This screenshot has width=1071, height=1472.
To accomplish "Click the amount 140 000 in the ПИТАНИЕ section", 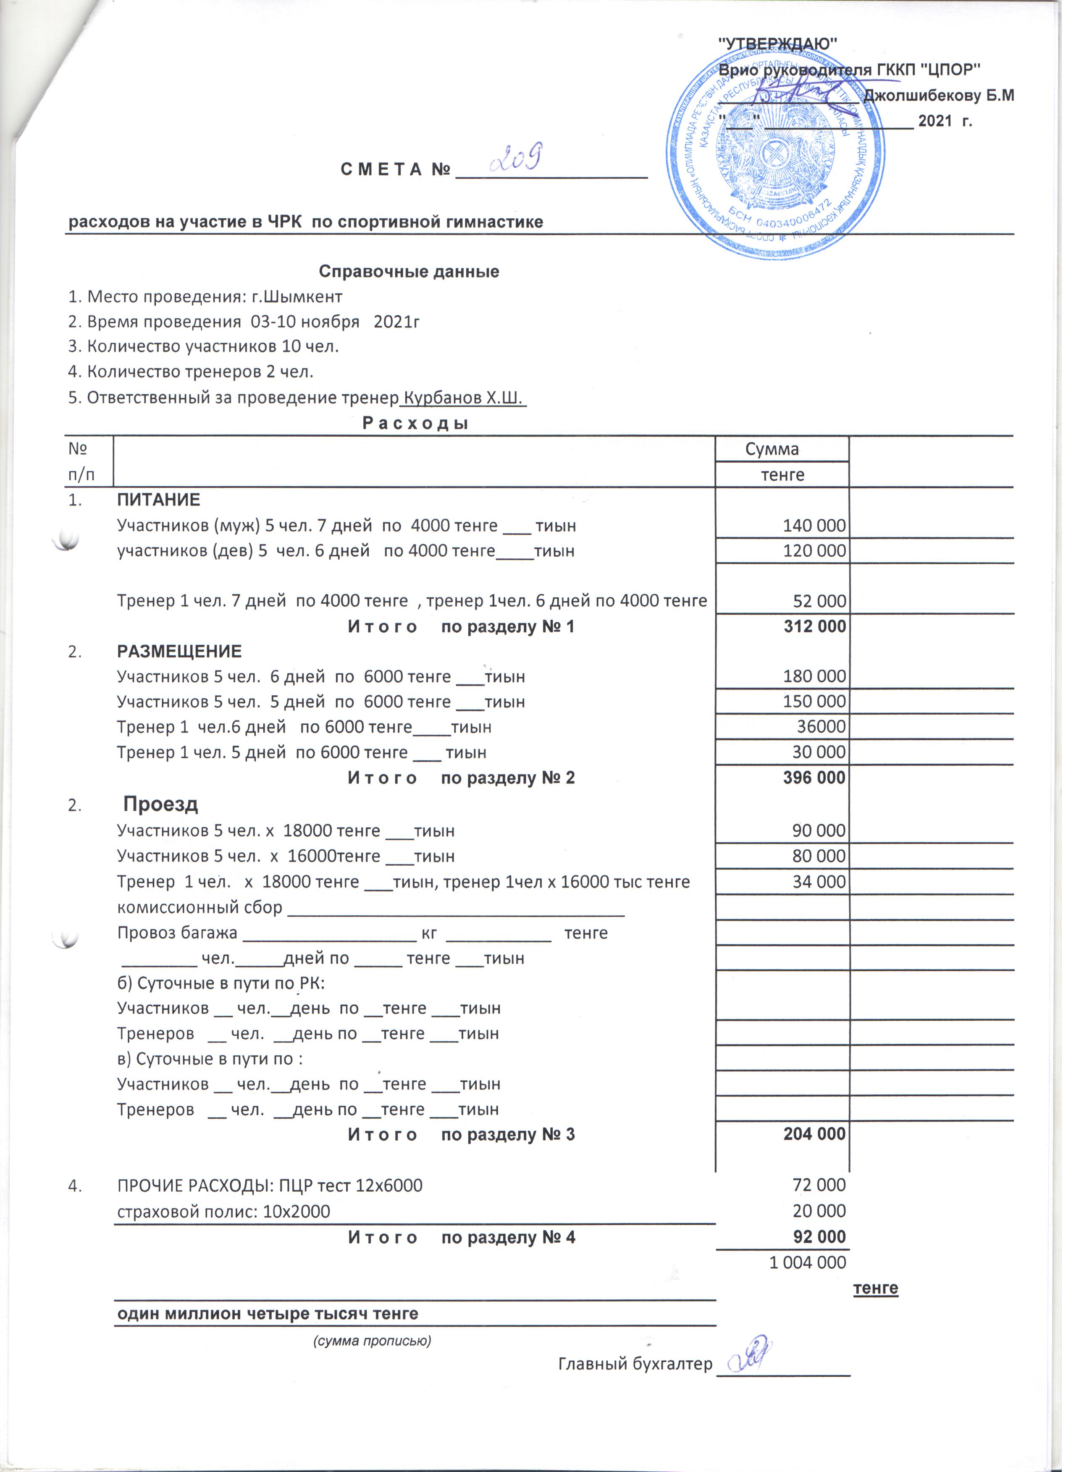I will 820,529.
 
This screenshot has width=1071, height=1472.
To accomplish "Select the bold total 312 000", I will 820,631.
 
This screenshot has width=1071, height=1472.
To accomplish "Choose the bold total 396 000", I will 820,783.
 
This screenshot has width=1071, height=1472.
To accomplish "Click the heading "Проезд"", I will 162,811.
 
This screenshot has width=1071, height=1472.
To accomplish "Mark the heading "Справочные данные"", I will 413,273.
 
